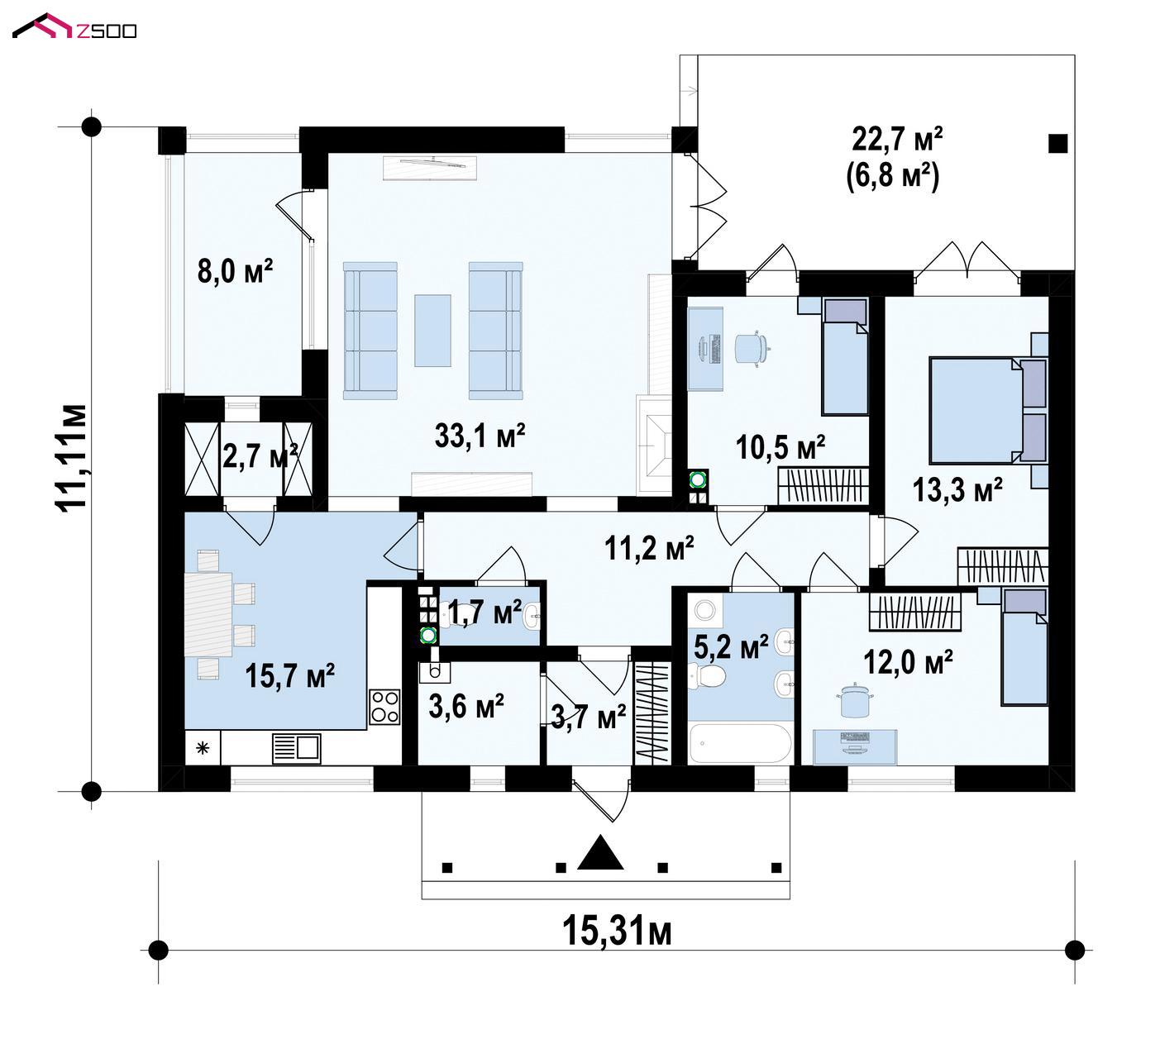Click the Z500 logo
tap(74, 27)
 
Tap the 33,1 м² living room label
tap(480, 436)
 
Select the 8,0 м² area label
tap(235, 269)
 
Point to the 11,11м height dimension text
tap(71, 457)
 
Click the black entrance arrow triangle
tap(601, 852)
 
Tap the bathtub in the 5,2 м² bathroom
tap(740, 744)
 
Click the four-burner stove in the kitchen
tap(384, 706)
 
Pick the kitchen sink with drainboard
tap(296, 748)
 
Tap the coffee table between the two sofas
tap(432, 331)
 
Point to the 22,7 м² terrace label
tap(897, 140)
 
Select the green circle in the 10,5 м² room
tap(697, 479)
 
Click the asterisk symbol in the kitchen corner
tap(203, 748)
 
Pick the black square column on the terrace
tap(1057, 144)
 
